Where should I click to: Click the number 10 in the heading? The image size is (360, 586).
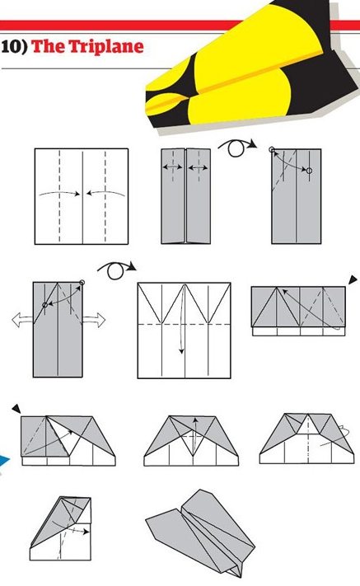11,47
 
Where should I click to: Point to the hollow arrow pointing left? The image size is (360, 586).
22,321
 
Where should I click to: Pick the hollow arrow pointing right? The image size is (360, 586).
94,321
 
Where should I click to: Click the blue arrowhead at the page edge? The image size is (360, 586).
4,462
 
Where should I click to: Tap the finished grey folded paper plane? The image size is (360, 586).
201,534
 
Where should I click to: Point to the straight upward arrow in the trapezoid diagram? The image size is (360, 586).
194,434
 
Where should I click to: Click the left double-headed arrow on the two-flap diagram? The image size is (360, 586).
173,167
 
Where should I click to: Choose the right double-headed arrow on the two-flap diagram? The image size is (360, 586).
198,168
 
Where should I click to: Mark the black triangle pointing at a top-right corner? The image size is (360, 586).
353,280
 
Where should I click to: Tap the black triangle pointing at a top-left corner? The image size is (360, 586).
16,409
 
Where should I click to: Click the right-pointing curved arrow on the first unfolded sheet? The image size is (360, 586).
60,193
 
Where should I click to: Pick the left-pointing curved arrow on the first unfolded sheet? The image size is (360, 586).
105,193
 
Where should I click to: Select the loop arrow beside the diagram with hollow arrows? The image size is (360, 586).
116,270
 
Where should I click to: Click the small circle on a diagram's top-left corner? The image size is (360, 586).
272,150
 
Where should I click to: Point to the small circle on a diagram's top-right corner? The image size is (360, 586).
82,283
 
